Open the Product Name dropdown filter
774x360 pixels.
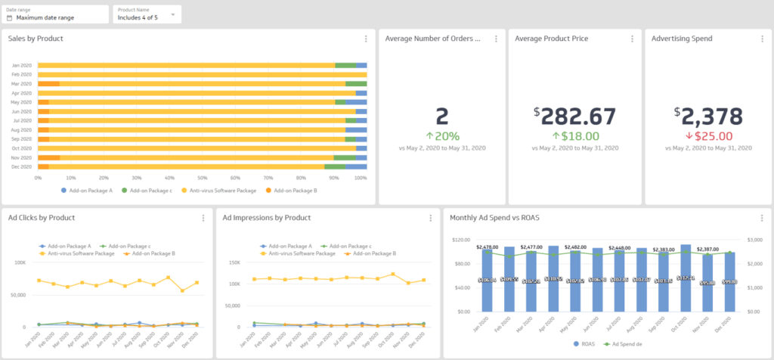[147, 14]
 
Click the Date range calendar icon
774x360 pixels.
[10, 17]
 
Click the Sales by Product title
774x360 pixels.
[36, 39]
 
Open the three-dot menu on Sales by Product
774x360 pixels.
[366, 39]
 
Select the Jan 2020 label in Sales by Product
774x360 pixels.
[21, 66]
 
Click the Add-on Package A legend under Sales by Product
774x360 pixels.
[87, 191]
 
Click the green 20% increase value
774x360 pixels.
[442, 136]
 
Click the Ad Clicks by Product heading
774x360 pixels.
[42, 218]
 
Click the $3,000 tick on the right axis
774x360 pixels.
[757, 240]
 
